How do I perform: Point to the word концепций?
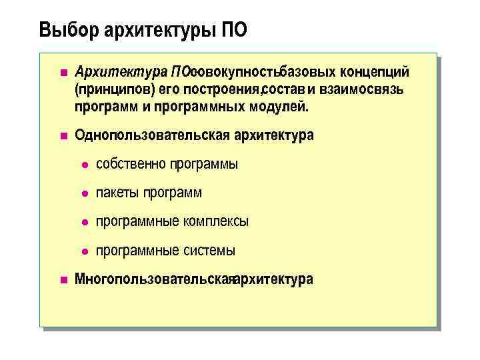379,71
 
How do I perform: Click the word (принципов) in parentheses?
109,89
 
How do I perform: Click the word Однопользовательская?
153,135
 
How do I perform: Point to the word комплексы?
216,221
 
